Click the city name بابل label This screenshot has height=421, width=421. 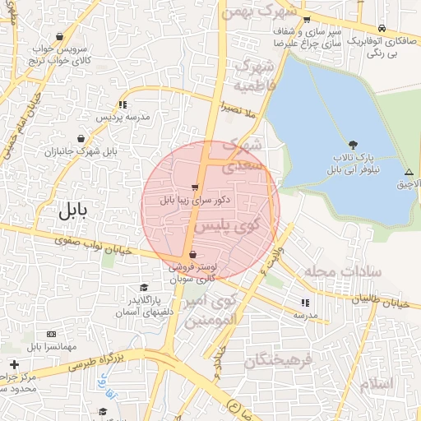pyautogui.click(x=72, y=210)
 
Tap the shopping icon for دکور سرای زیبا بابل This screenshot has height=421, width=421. pyautogui.click(x=195, y=187)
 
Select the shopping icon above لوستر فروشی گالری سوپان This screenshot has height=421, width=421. pyautogui.click(x=192, y=255)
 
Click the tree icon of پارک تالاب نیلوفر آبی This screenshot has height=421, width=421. pyautogui.click(x=354, y=145)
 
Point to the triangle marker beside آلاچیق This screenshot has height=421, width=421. pyautogui.click(x=409, y=173)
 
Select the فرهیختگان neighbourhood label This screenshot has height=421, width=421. pyautogui.click(x=280, y=360)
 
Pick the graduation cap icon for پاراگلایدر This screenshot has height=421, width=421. pyautogui.click(x=145, y=288)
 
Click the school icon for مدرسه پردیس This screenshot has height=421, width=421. pyautogui.click(x=123, y=104)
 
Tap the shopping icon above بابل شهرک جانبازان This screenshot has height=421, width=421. pyautogui.click(x=81, y=139)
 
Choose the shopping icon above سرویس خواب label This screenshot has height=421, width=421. pyautogui.click(x=61, y=36)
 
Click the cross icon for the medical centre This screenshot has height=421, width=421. pyautogui.click(x=14, y=364)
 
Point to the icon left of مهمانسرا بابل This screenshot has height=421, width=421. pyautogui.click(x=51, y=334)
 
